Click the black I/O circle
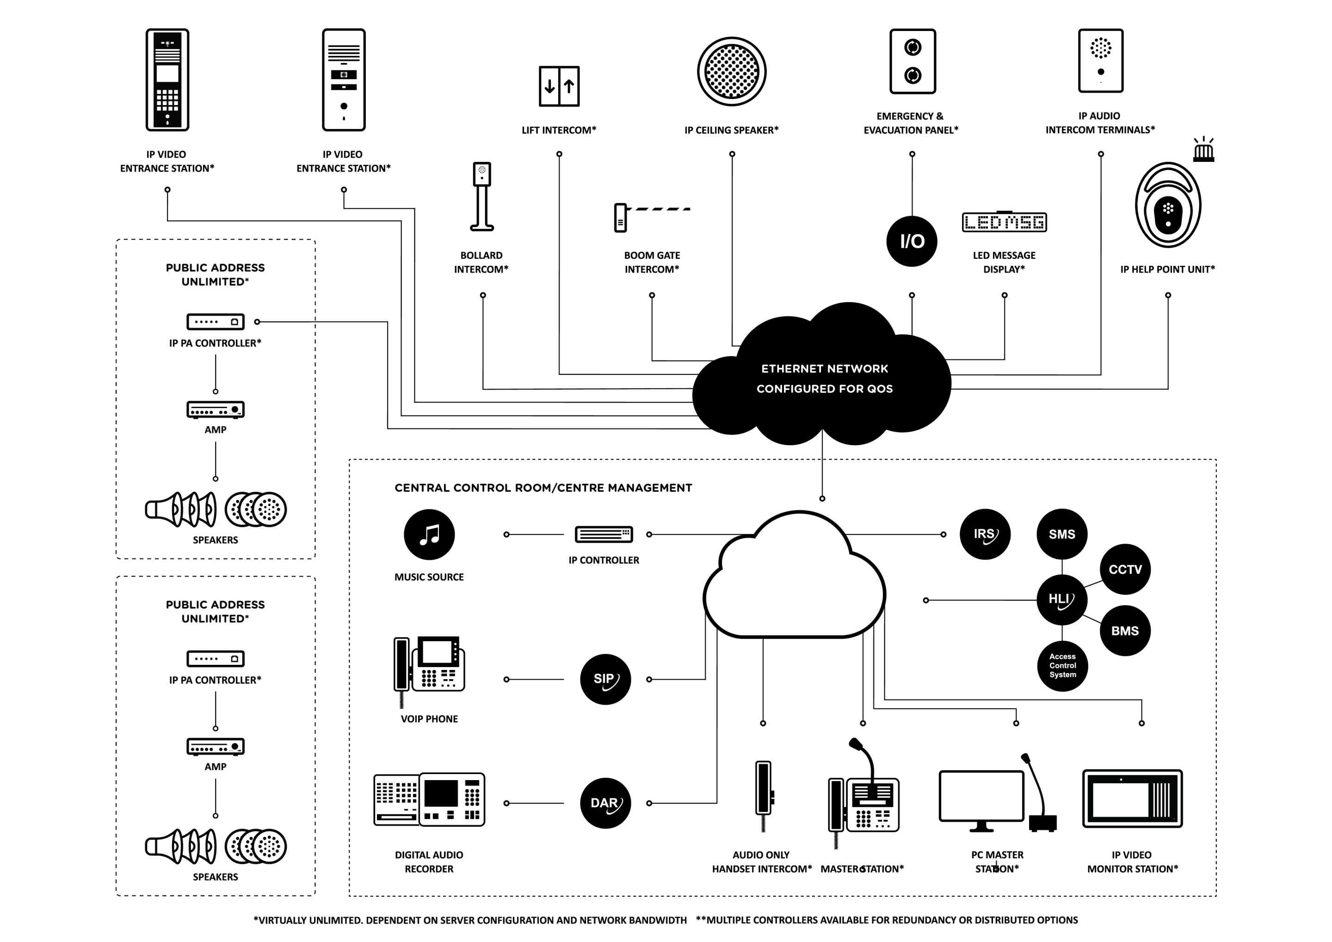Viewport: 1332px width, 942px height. click(x=912, y=241)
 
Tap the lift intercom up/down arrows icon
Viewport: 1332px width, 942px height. click(x=559, y=86)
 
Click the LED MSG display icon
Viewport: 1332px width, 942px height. click(x=1004, y=222)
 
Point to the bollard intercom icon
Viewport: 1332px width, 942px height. click(x=481, y=196)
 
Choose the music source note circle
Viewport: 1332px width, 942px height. click(x=429, y=534)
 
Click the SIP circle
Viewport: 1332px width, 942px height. click(x=605, y=679)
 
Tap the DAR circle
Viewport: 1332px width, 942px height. click(x=605, y=803)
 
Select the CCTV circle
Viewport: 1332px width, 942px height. click(x=1125, y=570)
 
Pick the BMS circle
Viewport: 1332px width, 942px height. click(x=1125, y=631)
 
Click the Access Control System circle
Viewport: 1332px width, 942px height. click(x=1062, y=666)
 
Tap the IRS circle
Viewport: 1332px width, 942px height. click(x=985, y=534)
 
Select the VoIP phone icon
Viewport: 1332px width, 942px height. click(x=429, y=668)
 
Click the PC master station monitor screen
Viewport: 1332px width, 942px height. click(x=981, y=796)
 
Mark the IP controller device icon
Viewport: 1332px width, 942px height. click(x=604, y=534)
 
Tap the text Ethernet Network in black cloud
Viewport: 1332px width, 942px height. click(x=824, y=369)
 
